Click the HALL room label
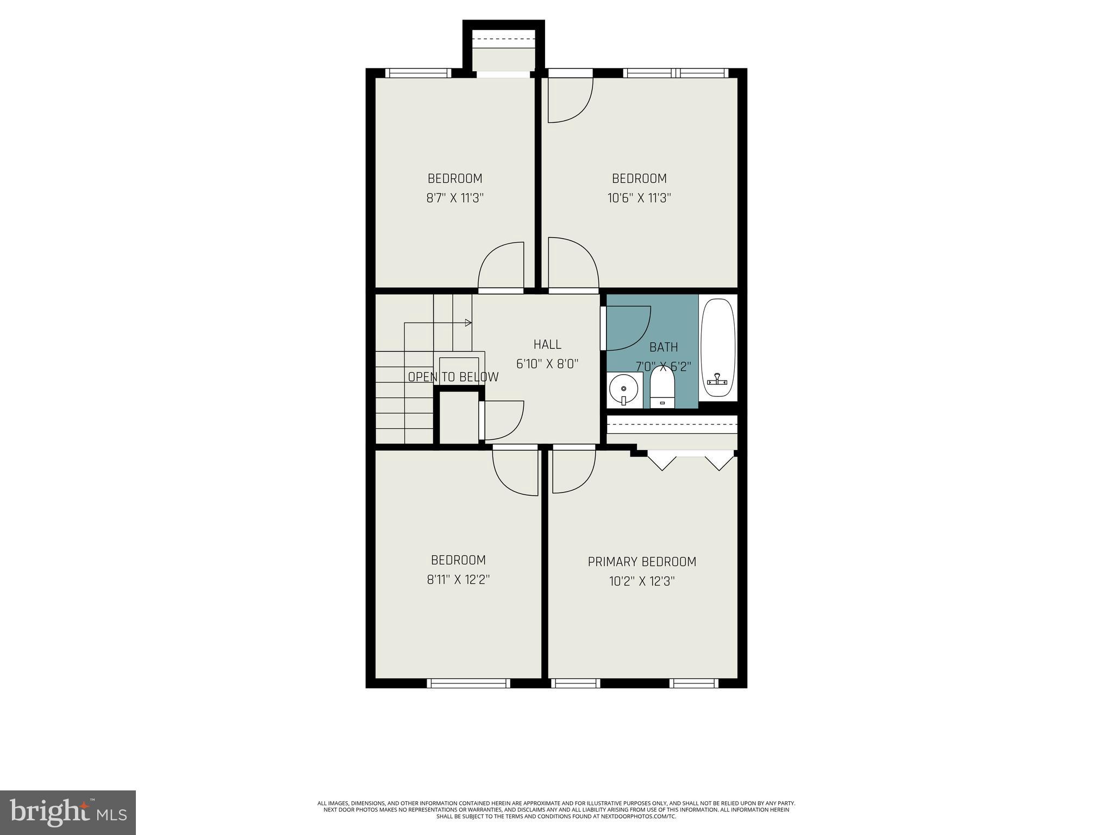(x=547, y=344)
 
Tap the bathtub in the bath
(x=718, y=348)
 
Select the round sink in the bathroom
(x=623, y=389)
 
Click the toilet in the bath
(x=662, y=387)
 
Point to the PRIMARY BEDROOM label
(x=642, y=562)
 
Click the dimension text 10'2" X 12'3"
(x=642, y=581)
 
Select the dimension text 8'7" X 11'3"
(x=455, y=198)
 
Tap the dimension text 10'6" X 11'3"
(x=639, y=198)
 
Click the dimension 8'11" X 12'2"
(x=458, y=579)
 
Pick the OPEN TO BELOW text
(x=453, y=377)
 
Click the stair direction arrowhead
(x=468, y=323)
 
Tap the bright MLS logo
(x=68, y=812)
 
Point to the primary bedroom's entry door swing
(x=573, y=470)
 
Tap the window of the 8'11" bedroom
(x=468, y=683)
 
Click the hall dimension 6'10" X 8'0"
(x=547, y=364)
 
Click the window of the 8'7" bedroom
(x=418, y=73)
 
